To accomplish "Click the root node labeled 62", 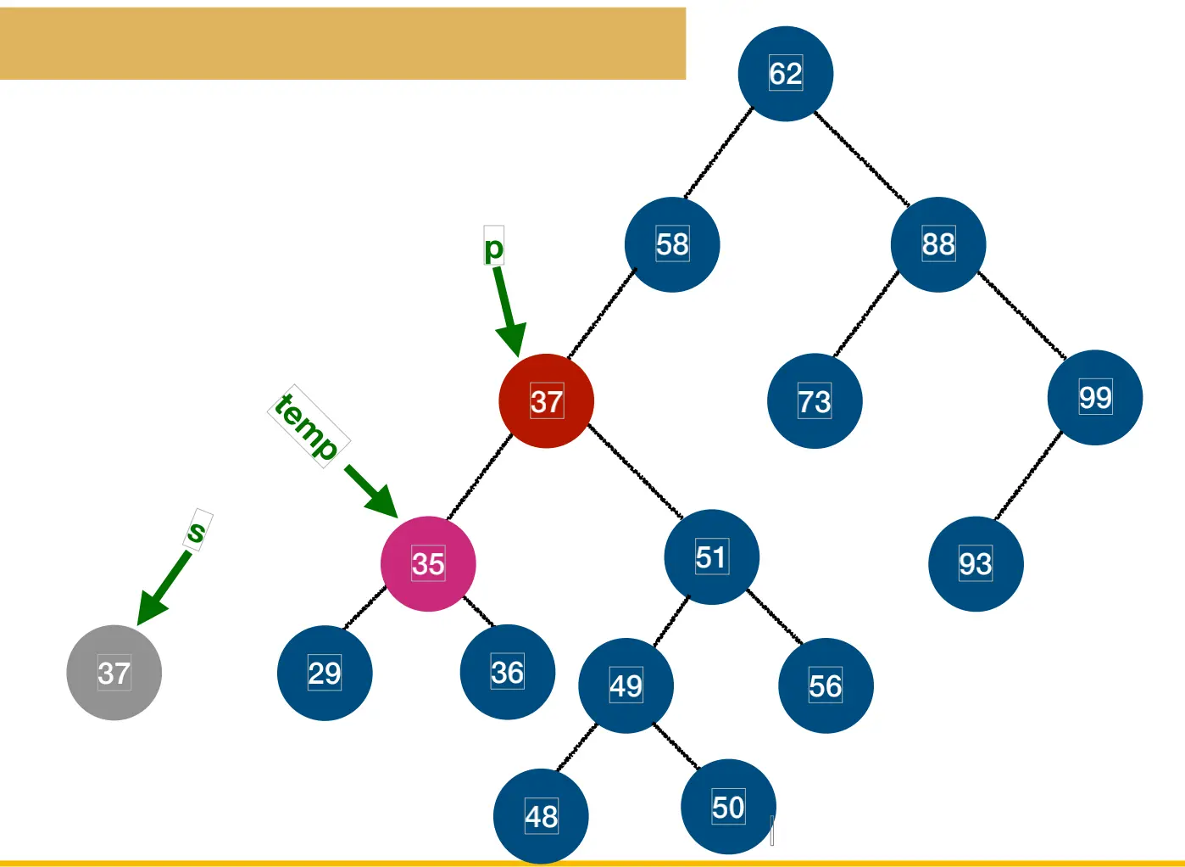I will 786,74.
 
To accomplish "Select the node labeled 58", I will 672,244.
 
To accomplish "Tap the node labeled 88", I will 938,244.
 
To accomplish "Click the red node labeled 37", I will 547,401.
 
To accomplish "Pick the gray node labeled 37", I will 114,673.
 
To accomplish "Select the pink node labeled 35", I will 428,563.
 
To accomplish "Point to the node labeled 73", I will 815,401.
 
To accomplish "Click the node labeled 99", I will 1095,397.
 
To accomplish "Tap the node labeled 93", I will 976,563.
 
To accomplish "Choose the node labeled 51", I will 711,557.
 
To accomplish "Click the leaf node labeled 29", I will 325,673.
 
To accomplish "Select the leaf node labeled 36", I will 508,672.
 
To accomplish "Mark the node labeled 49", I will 626,685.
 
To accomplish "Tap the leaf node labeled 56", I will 826,685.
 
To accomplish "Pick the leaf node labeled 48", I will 542,816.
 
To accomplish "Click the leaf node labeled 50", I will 728,807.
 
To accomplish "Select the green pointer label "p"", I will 493,248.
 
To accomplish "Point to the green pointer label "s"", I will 197,531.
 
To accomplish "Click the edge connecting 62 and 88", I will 861,159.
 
